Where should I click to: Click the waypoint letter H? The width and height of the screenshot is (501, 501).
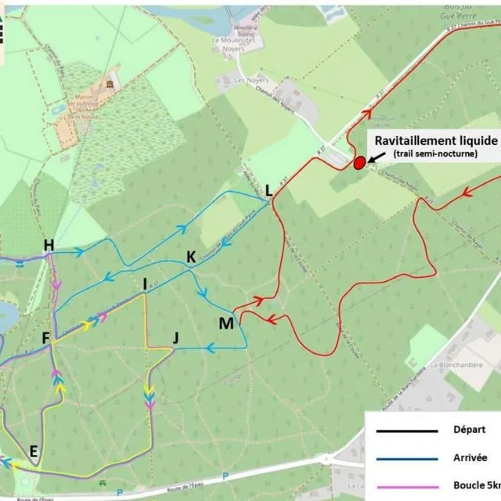pyautogui.click(x=49, y=246)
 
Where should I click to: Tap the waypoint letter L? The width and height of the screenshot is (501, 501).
pyautogui.click(x=269, y=189)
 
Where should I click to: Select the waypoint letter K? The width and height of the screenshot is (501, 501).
pyautogui.click(x=190, y=257)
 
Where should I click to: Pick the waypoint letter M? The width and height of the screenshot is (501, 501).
pyautogui.click(x=225, y=323)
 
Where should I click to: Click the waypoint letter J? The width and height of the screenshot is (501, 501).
pyautogui.click(x=175, y=338)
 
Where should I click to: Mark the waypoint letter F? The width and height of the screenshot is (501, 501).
pyautogui.click(x=46, y=338)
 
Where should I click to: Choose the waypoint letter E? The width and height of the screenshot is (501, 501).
pyautogui.click(x=33, y=450)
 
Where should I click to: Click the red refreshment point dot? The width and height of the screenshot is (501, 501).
pyautogui.click(x=359, y=163)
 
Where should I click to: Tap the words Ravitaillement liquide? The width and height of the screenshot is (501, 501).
pyautogui.click(x=435, y=139)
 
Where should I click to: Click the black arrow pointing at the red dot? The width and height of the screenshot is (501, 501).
pyautogui.click(x=377, y=157)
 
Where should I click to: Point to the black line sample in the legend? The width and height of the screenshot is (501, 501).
pyautogui.click(x=407, y=431)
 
